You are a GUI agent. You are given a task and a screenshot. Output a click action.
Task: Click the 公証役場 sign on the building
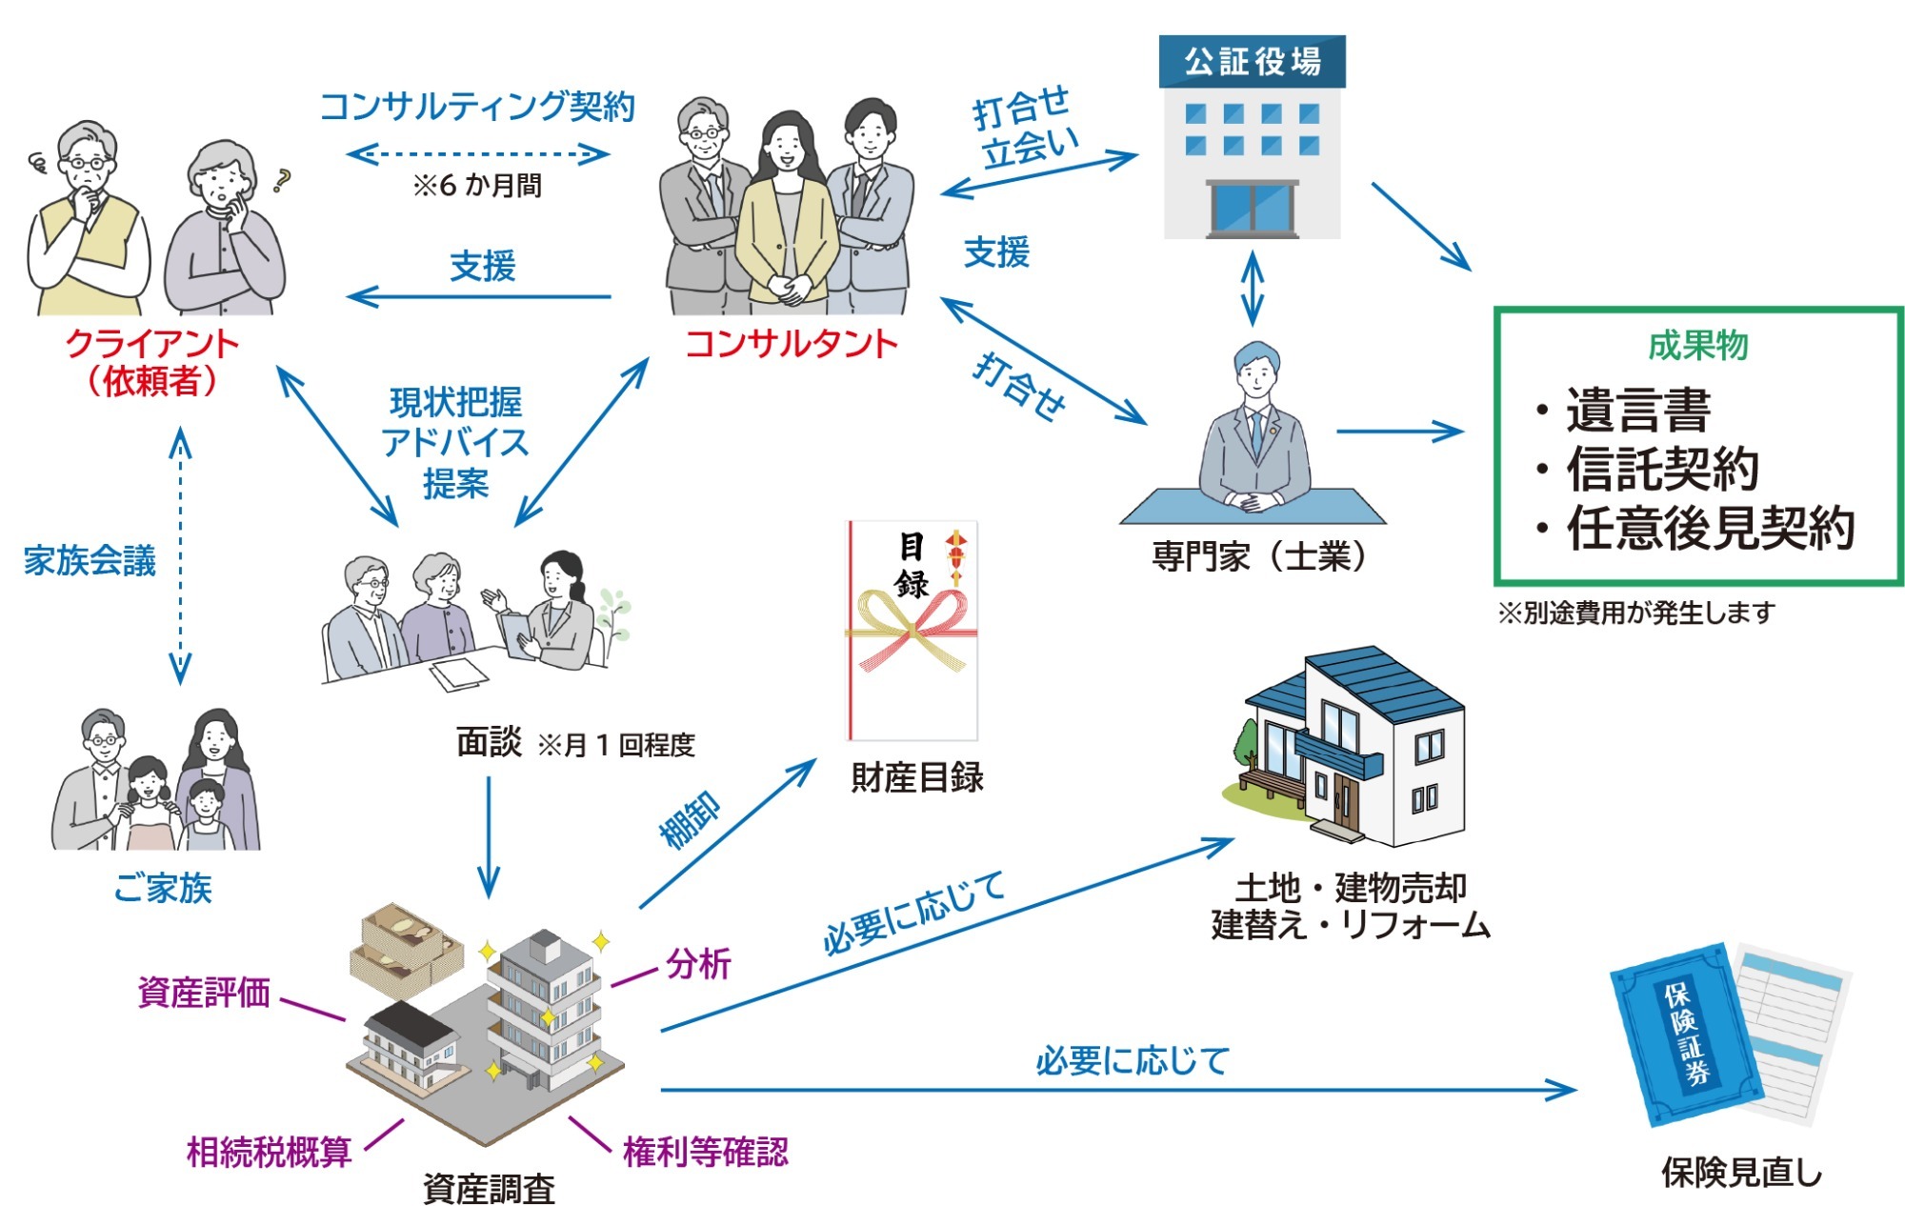tap(1252, 62)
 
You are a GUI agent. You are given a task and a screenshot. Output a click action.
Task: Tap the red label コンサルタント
tap(792, 344)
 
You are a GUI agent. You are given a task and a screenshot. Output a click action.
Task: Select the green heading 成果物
tap(1698, 345)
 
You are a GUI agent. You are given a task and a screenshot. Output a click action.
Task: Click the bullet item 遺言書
tap(1638, 411)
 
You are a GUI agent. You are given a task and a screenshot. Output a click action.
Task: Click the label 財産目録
tap(916, 777)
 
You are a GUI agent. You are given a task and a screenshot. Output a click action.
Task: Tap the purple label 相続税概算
tap(270, 1152)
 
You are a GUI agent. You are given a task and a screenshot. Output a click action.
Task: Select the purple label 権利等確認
tap(706, 1152)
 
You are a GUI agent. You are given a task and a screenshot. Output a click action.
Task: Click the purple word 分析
tap(698, 964)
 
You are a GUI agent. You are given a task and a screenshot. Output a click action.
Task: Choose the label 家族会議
tap(90, 561)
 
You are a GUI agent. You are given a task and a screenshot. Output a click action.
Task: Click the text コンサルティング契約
tap(477, 107)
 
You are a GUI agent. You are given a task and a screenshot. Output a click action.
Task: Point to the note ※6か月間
tap(477, 185)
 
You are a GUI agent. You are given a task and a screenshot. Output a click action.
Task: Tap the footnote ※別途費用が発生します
tap(1636, 613)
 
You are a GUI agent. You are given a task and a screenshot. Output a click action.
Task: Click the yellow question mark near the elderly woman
tap(280, 180)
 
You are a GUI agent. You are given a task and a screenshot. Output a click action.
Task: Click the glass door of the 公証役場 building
tap(1253, 209)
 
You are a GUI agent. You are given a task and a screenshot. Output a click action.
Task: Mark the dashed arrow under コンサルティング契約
tap(477, 153)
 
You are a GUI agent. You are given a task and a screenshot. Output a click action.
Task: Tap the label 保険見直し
tap(1741, 1173)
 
